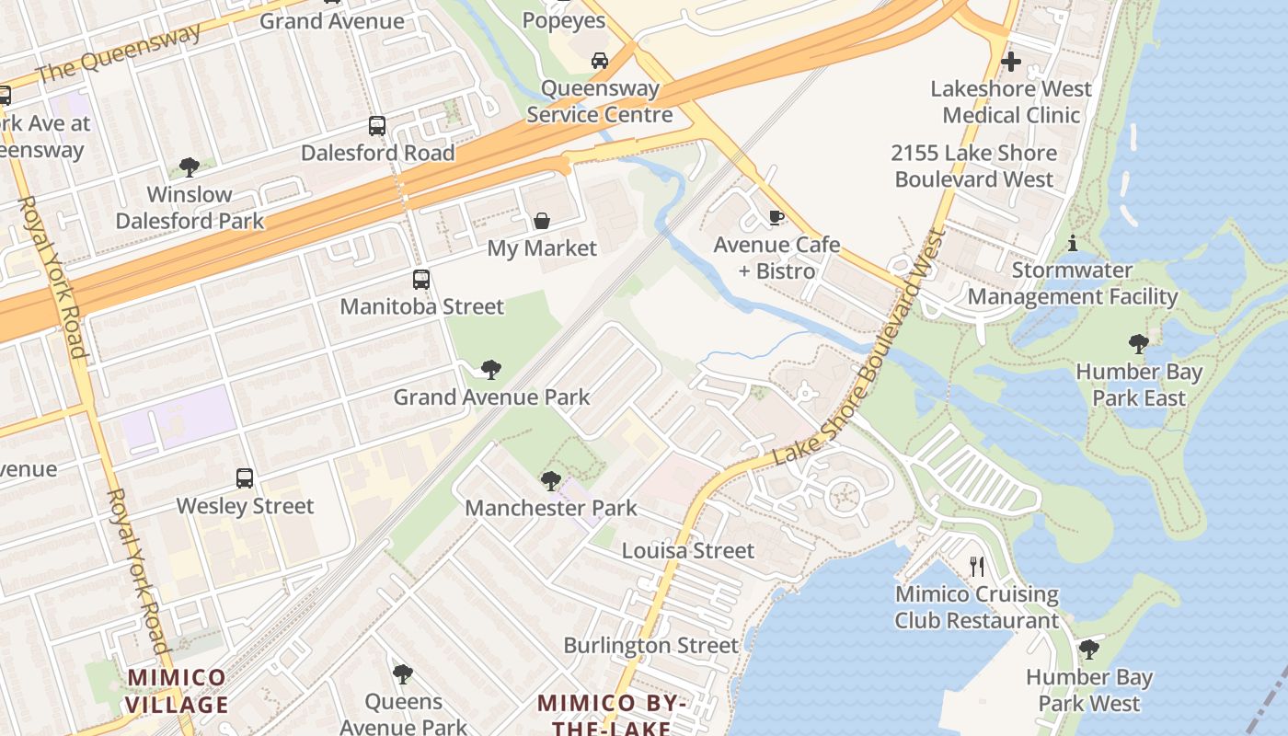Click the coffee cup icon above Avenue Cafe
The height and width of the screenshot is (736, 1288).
coord(776,218)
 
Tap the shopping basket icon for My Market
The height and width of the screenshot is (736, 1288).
coord(542,221)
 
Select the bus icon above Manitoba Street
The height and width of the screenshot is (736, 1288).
coord(421,280)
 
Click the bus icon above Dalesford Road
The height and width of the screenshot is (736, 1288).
coord(377,126)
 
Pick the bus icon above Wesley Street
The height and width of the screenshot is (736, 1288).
coord(245,478)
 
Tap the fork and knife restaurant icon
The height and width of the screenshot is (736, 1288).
coord(976,567)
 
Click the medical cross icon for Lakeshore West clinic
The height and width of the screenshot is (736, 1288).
coord(1010,62)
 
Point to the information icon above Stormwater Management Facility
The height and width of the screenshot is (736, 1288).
coord(1072,244)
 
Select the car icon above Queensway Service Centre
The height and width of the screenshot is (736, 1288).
coord(600,61)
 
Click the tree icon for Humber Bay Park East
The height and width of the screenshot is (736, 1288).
coord(1139,345)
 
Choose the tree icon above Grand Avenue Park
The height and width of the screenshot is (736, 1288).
coord(491,370)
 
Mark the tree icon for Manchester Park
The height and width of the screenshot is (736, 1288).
coord(550,480)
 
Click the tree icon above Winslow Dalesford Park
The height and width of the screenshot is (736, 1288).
coord(190,167)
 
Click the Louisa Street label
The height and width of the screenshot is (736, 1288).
coord(688,551)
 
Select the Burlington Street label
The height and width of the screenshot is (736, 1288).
coord(650,646)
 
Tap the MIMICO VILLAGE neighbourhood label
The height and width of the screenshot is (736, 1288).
coord(177,692)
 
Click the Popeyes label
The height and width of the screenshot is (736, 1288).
coord(564,20)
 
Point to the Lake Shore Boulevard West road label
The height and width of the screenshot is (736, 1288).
coord(859,350)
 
